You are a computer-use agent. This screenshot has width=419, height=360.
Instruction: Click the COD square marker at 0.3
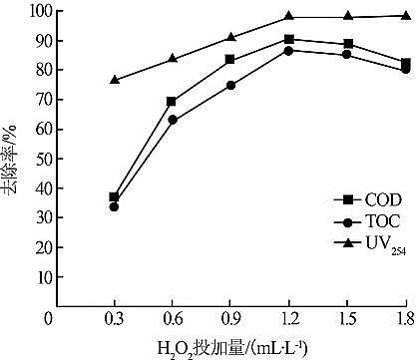pos(115,197)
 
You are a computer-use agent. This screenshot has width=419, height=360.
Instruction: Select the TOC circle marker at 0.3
pos(115,206)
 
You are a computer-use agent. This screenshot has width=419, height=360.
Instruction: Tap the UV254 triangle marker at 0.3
pos(115,80)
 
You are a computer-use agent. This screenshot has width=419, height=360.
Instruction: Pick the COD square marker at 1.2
pos(288,39)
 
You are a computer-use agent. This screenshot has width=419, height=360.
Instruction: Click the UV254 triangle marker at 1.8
pos(405,16)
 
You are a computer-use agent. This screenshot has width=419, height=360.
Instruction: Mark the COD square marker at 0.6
pos(173,101)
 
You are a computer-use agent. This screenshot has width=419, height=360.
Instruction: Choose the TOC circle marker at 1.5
pos(347,54)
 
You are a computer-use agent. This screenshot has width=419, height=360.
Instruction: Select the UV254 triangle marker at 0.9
pos(230,37)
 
